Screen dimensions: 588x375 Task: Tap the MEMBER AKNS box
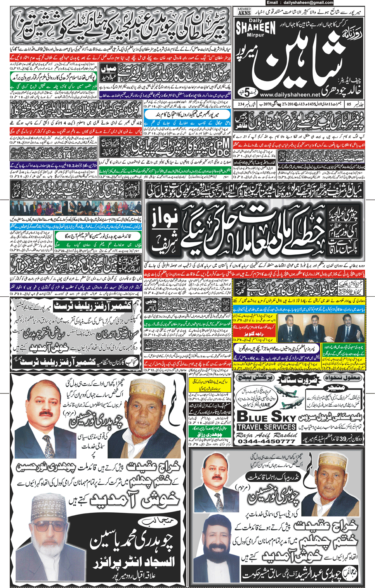tap(244, 12)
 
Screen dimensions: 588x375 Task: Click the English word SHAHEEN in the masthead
tap(255, 28)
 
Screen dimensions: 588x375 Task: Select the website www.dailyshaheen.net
tap(290, 94)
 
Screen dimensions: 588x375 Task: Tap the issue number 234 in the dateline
tap(241, 104)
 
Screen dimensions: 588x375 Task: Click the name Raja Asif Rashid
tap(266, 435)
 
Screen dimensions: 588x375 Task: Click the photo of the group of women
tap(76, 209)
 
